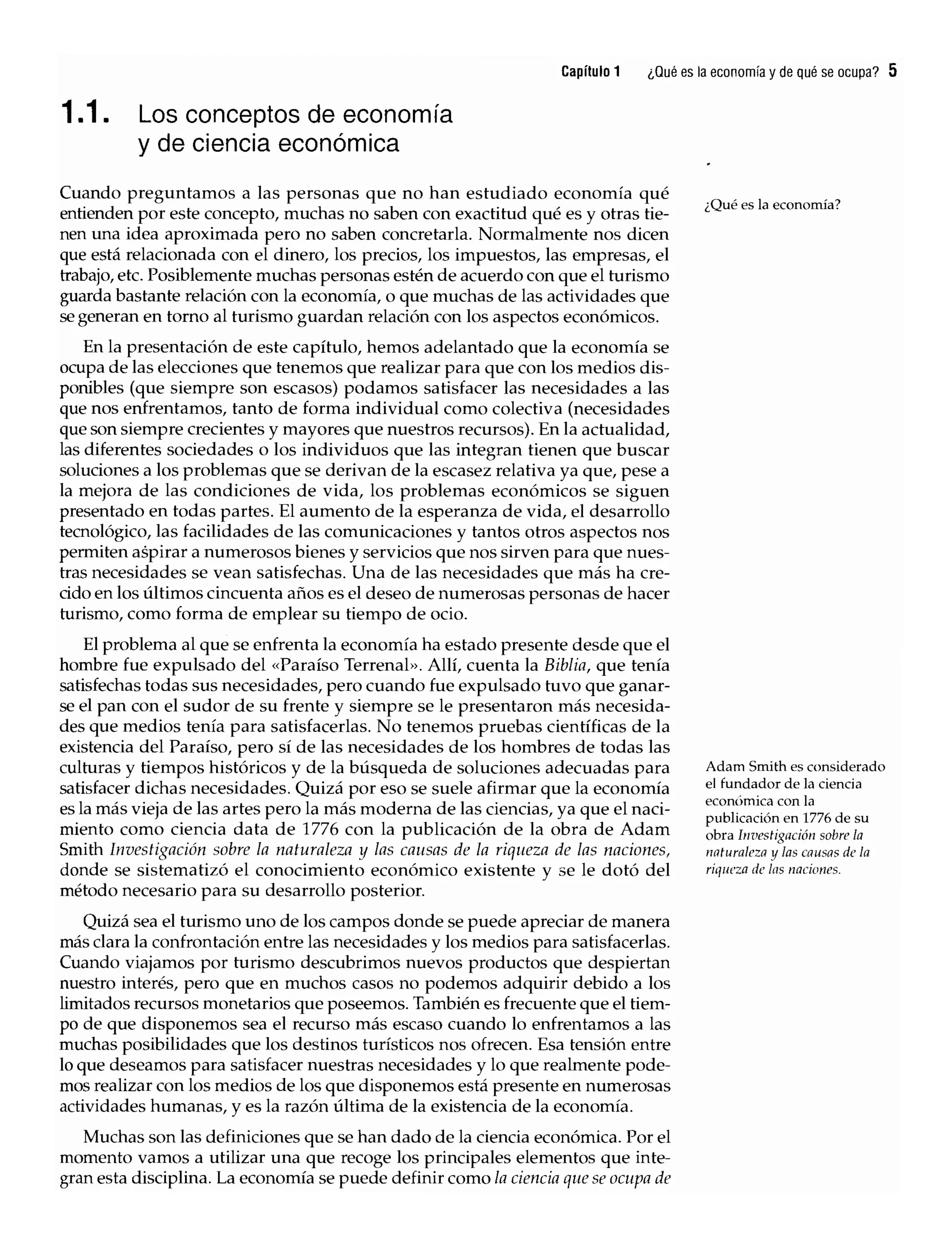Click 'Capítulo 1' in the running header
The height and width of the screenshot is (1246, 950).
pyautogui.click(x=591, y=72)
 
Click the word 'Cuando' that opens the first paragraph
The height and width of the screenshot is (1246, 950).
pyautogui.click(x=90, y=193)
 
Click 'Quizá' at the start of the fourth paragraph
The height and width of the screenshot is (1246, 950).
pyautogui.click(x=106, y=922)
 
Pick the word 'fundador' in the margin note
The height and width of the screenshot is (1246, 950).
pyautogui.click(x=745, y=784)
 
